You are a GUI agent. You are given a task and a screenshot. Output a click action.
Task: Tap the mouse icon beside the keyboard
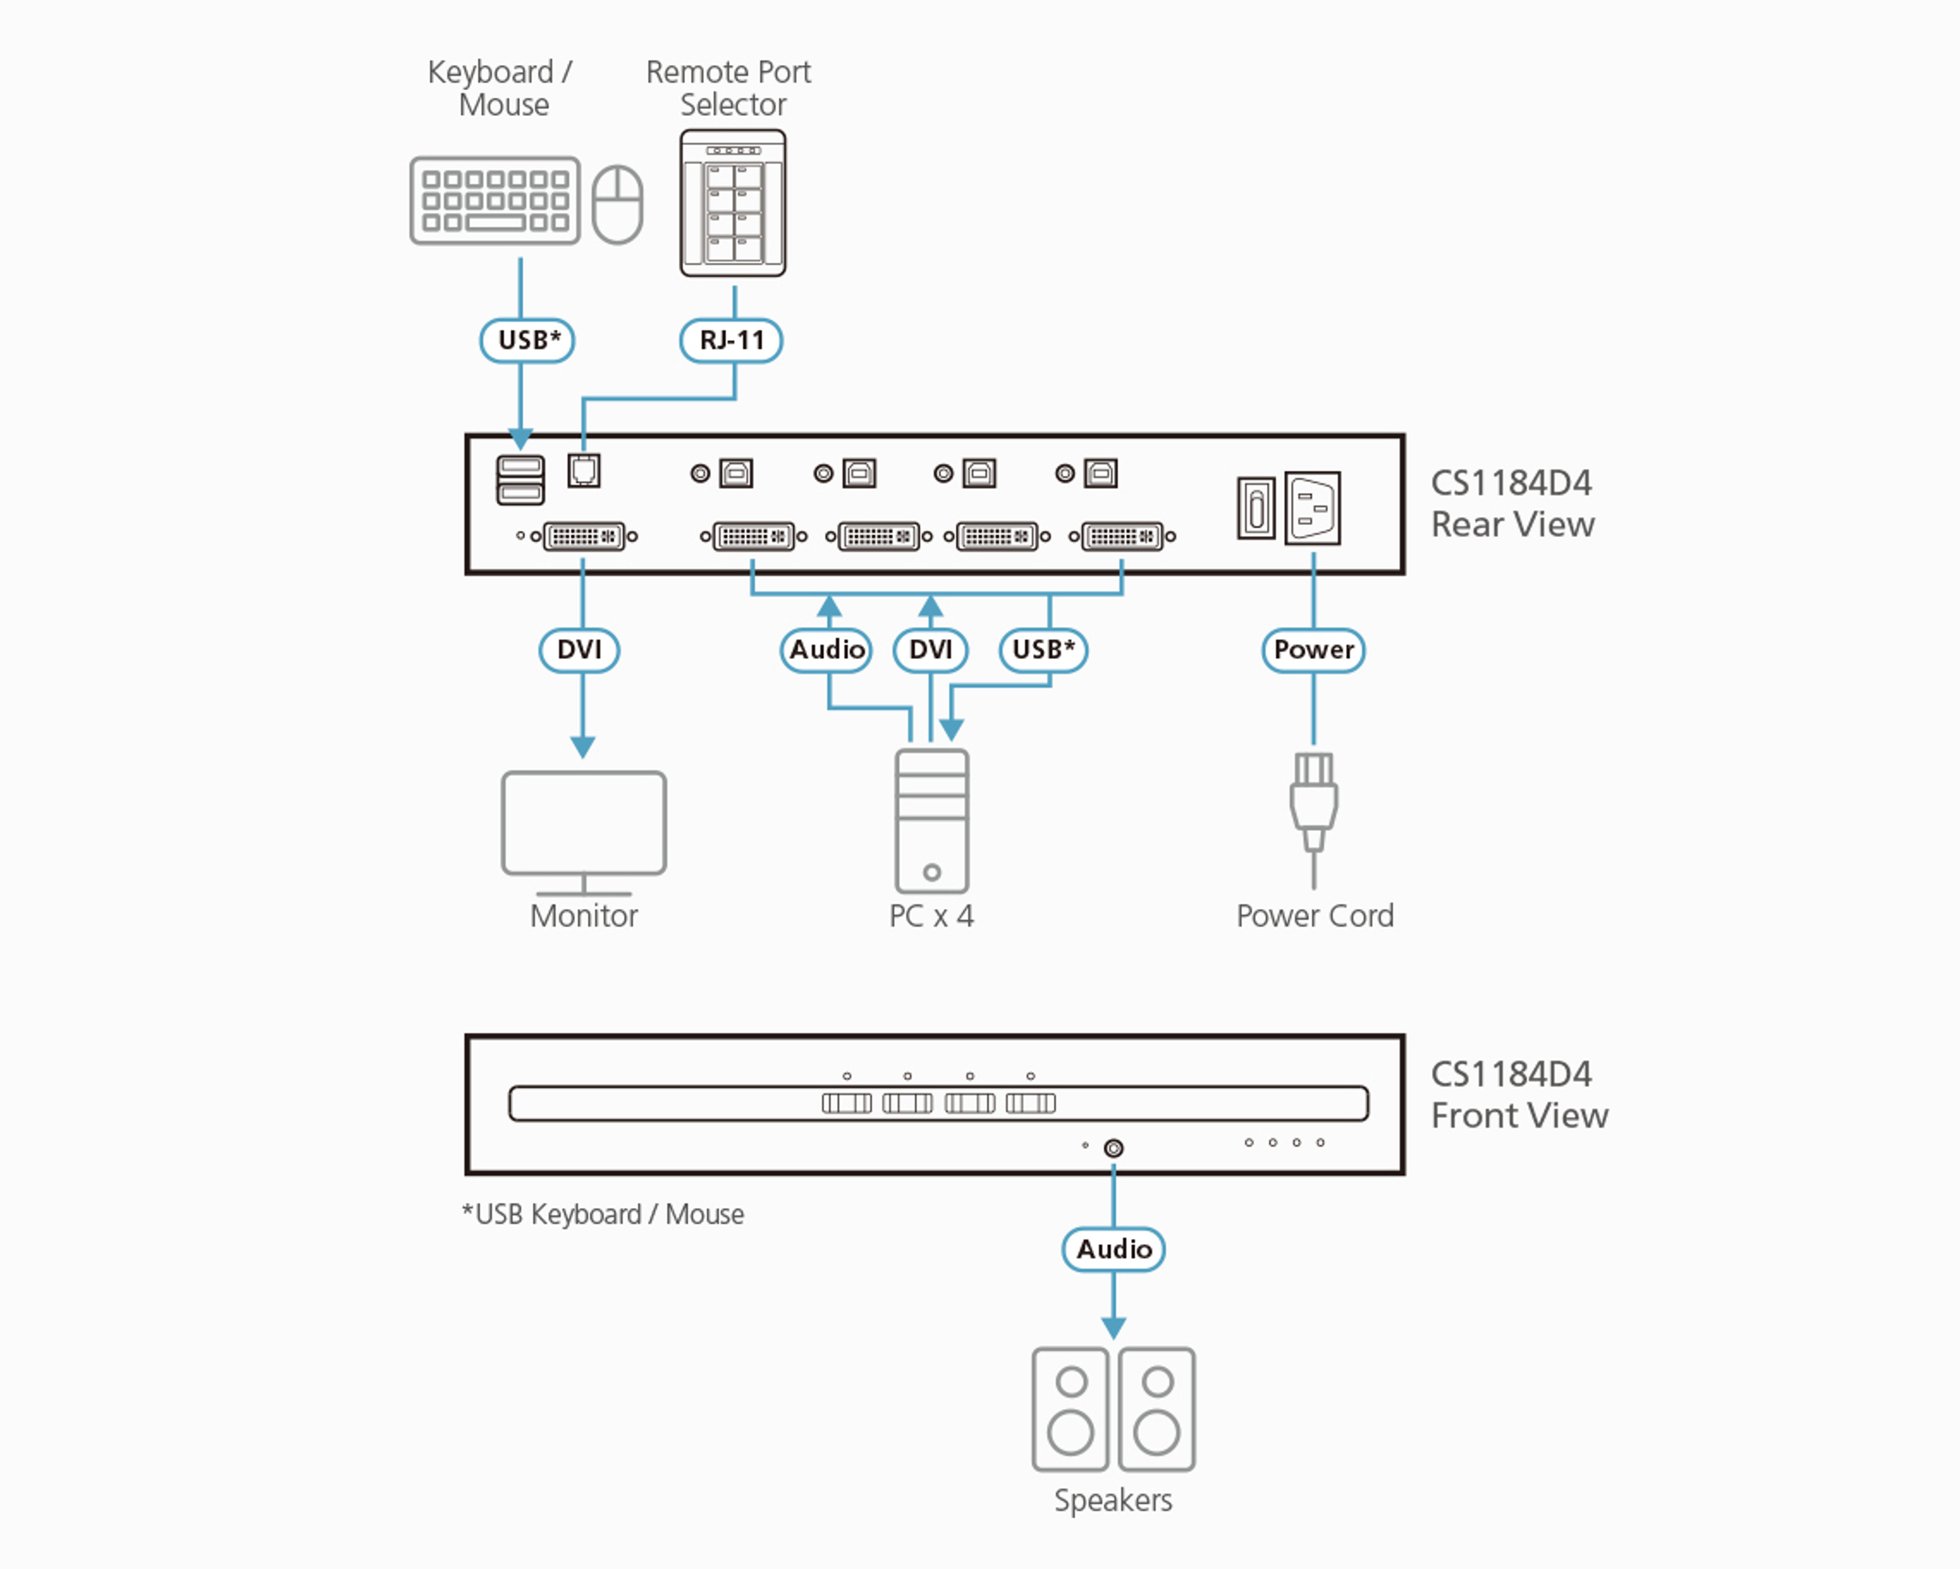point(617,205)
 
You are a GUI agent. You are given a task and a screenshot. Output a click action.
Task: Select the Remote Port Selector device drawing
point(733,203)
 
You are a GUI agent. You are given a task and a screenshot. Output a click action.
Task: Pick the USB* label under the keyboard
point(527,340)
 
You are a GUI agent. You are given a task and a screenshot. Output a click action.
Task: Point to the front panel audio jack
point(1114,1148)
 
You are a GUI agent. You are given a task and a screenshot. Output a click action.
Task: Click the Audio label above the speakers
point(1114,1249)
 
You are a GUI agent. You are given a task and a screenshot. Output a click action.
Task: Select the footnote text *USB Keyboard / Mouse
point(603,1214)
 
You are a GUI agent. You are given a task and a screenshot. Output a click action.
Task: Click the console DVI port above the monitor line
point(583,536)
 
